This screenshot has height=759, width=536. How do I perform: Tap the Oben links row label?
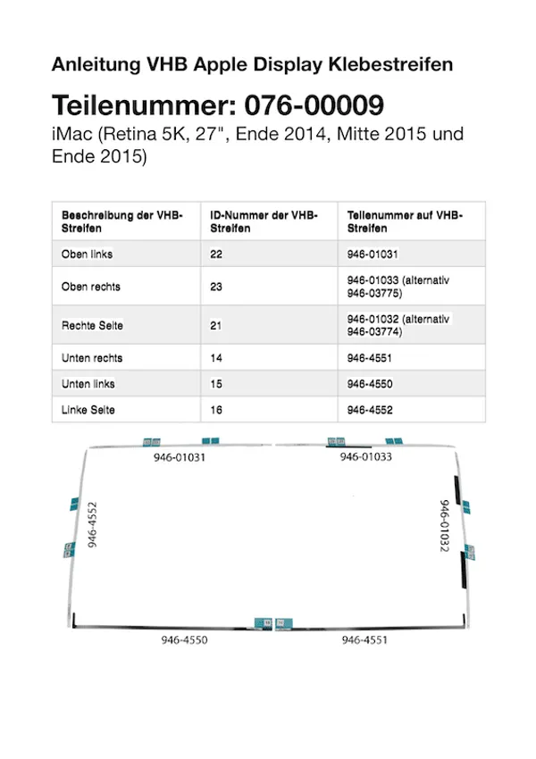tap(87, 254)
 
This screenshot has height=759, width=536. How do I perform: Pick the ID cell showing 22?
tap(216, 254)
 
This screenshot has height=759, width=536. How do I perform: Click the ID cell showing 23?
tap(216, 288)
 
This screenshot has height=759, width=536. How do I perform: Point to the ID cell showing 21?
tap(216, 326)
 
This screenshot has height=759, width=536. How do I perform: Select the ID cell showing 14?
tap(216, 358)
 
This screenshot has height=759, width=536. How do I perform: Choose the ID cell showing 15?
tap(216, 384)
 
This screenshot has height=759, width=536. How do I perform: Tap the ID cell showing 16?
tap(216, 410)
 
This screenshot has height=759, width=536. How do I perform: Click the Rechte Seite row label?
tap(92, 326)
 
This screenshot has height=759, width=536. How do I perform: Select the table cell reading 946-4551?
tap(370, 358)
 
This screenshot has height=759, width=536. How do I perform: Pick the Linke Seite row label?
tap(88, 410)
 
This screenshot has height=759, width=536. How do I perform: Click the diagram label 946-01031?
tap(179, 457)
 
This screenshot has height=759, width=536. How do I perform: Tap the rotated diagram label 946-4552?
tap(92, 524)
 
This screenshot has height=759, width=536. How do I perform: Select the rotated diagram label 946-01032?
tap(444, 525)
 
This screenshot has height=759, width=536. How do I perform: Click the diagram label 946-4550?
tap(184, 640)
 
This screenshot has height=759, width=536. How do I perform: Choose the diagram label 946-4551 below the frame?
tap(364, 640)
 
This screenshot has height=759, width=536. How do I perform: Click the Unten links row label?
tap(88, 384)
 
